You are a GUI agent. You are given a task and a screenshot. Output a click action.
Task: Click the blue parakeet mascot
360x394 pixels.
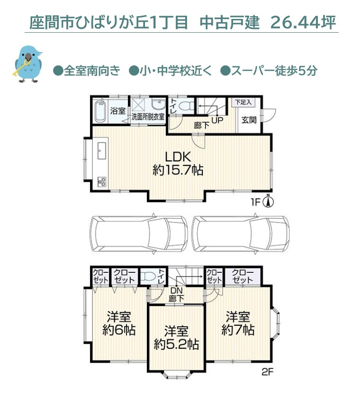click(27, 64)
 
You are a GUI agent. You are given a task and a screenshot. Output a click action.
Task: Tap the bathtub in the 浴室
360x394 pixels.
click(100, 111)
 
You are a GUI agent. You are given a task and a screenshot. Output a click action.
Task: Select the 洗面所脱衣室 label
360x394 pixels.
click(148, 116)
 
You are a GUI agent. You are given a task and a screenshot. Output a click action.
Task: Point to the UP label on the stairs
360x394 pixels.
click(217, 120)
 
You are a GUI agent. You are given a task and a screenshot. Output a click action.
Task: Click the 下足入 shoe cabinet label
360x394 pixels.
click(244, 102)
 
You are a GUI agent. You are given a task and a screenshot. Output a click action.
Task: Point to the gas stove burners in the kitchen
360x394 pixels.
click(101, 181)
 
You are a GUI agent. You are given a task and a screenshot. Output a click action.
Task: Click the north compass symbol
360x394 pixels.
click(268, 202)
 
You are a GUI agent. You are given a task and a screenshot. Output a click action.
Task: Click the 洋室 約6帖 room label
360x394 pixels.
click(119, 323)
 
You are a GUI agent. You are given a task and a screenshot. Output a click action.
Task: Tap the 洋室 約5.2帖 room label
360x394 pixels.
click(176, 337)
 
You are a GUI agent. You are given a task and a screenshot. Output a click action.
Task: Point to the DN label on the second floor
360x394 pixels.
click(177, 290)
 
